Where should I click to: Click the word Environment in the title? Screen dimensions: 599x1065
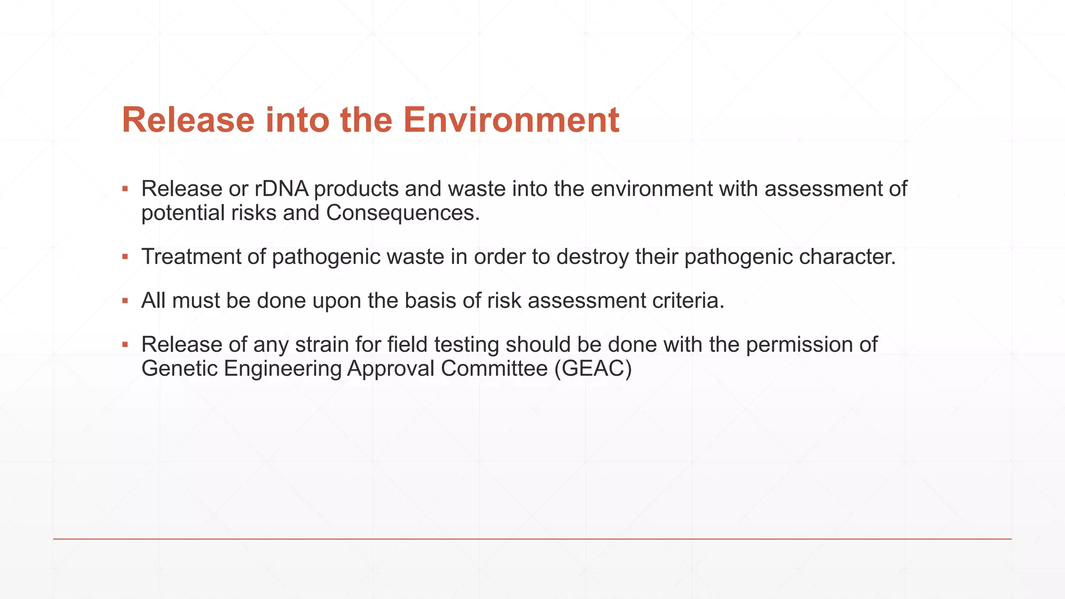pyautogui.click(x=511, y=120)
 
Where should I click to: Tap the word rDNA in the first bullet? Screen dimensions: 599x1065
pyautogui.click(x=281, y=189)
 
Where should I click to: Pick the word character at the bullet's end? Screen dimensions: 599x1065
pyautogui.click(x=847, y=257)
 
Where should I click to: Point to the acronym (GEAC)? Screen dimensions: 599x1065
pyautogui.click(x=593, y=369)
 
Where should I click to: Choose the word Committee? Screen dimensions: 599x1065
pyautogui.click(x=494, y=369)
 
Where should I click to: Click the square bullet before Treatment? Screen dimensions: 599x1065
pyautogui.click(x=125, y=256)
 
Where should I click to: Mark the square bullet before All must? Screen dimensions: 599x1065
pyautogui.click(x=125, y=301)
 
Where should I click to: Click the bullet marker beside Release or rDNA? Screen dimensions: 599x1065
pyautogui.click(x=125, y=188)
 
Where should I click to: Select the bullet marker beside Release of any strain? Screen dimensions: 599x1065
pyautogui.click(x=125, y=344)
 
